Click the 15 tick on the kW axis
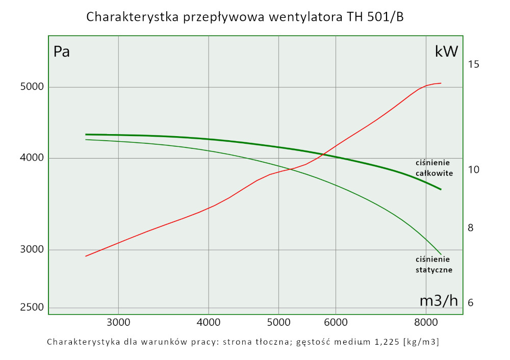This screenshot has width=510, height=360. (x=473, y=64)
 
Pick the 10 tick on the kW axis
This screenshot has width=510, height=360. (x=473, y=169)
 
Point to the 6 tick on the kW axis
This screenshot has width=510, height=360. (x=471, y=302)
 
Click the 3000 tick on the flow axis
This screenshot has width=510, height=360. (x=118, y=322)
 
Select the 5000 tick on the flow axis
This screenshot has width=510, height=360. (x=278, y=322)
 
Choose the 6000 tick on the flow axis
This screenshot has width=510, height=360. (x=336, y=322)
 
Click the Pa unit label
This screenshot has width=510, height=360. (x=62, y=52)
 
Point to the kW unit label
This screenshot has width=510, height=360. (x=446, y=52)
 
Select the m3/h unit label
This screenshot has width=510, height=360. (x=439, y=301)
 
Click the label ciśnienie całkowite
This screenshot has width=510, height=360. (x=434, y=168)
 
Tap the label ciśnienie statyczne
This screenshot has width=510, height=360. (x=434, y=265)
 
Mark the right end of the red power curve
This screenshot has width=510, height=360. (x=441, y=83)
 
